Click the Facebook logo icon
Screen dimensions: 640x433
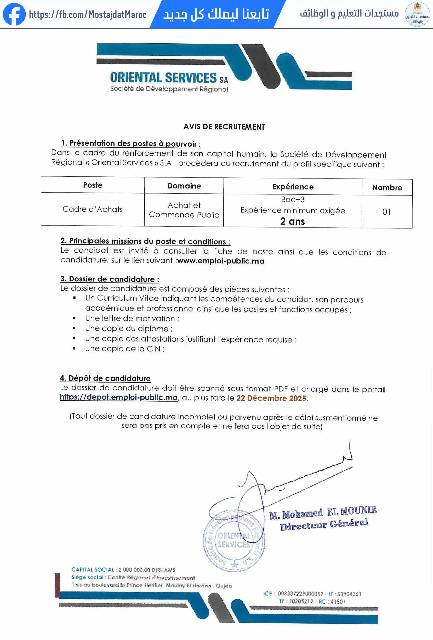pyautogui.click(x=14, y=14)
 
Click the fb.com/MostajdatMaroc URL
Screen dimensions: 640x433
pyautogui.click(x=88, y=14)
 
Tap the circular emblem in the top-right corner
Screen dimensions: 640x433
pyautogui.click(x=417, y=14)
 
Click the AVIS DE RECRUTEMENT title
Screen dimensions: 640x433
pyautogui.click(x=224, y=127)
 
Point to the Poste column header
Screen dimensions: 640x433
pyautogui.click(x=93, y=185)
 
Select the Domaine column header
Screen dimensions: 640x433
pyautogui.click(x=184, y=186)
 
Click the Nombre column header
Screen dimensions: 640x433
pyautogui.click(x=387, y=188)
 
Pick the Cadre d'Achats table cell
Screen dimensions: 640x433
pyautogui.click(x=93, y=209)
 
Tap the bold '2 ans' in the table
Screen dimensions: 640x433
pyautogui.click(x=292, y=221)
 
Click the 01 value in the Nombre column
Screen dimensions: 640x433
pyautogui.click(x=387, y=212)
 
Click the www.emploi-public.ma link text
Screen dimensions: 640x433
pyautogui.click(x=221, y=261)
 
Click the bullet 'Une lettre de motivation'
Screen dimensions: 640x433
pyautogui.click(x=132, y=319)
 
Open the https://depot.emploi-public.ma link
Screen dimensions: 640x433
pyautogui.click(x=119, y=397)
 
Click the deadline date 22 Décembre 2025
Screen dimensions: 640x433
pyautogui.click(x=271, y=398)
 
